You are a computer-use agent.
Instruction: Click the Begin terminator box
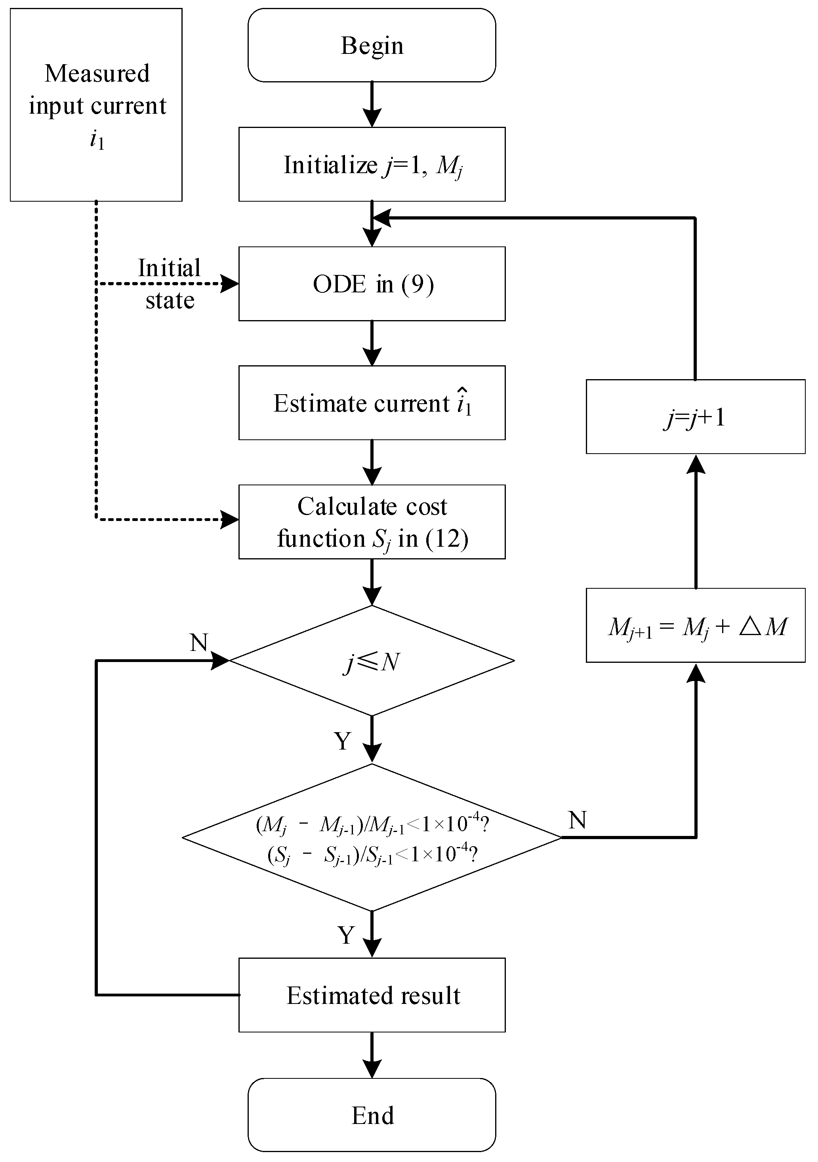(x=372, y=45)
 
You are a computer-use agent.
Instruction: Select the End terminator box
(x=372, y=1115)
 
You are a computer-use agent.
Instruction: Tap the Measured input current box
(x=96, y=105)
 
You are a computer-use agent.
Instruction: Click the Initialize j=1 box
(x=372, y=164)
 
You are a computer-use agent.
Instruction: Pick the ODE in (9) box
(x=372, y=284)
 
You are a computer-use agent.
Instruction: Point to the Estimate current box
(x=372, y=403)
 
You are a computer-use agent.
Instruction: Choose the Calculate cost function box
(x=372, y=522)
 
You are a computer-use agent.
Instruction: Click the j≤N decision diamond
(x=372, y=660)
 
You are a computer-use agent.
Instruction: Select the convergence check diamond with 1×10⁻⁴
(x=372, y=838)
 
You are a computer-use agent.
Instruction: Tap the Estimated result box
(x=372, y=995)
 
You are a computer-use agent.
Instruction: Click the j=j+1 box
(x=696, y=416)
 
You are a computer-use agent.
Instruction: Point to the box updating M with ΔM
(x=696, y=625)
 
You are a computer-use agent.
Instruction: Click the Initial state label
(x=170, y=284)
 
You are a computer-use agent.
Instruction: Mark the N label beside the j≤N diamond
(x=199, y=643)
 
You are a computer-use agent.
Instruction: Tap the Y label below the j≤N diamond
(x=343, y=741)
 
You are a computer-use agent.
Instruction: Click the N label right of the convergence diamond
(x=577, y=820)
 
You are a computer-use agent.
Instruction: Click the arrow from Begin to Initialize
(x=372, y=104)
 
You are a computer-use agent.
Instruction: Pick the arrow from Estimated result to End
(x=372, y=1055)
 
